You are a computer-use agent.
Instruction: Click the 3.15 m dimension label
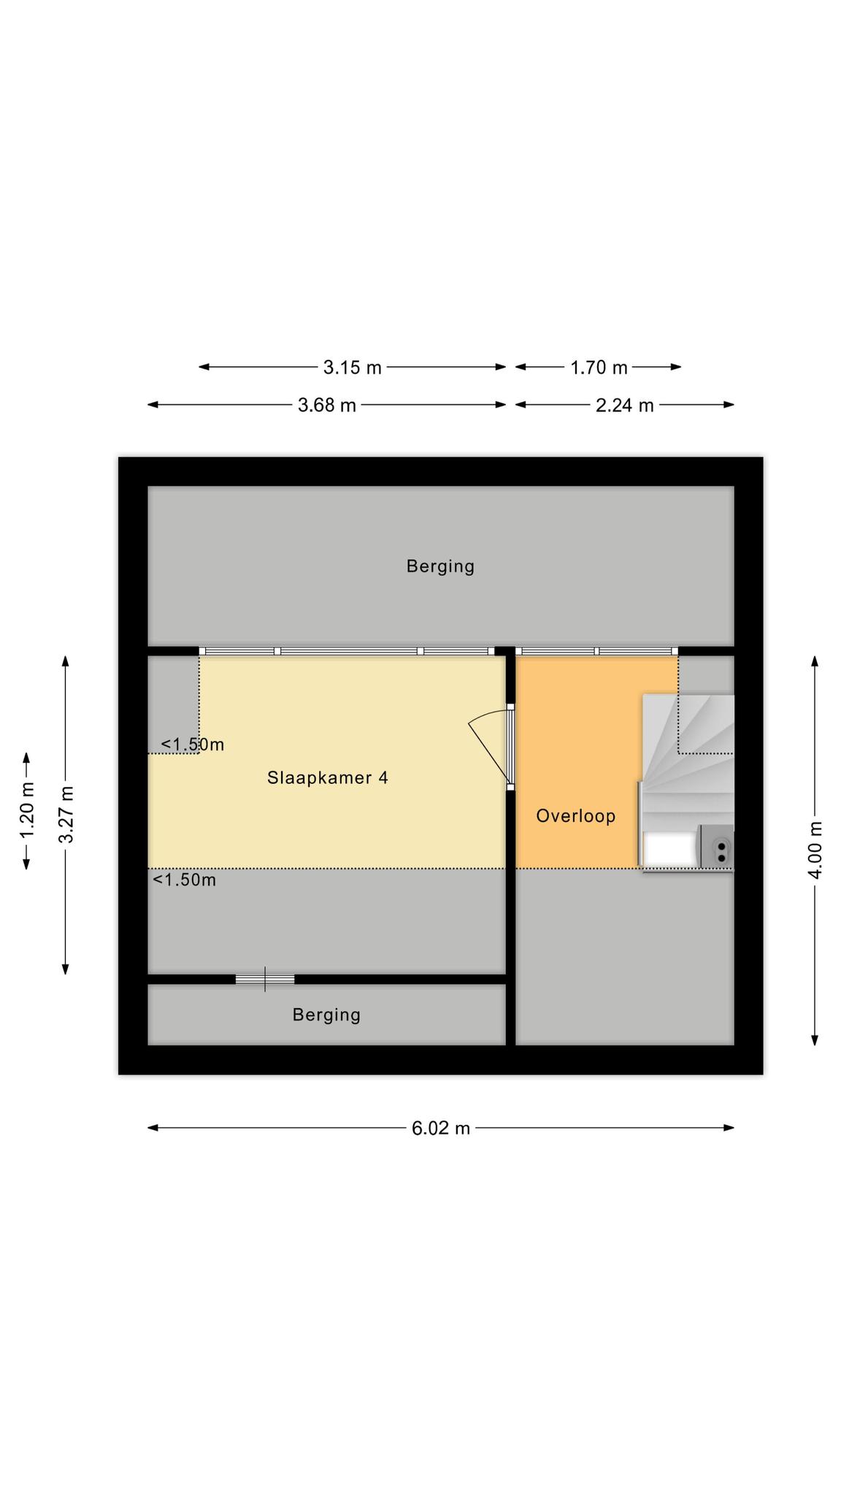353,367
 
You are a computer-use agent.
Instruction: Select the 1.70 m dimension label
599,367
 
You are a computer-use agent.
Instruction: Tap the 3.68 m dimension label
327,405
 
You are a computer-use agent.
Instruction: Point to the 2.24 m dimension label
625,405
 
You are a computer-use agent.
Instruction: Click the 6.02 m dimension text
441,1129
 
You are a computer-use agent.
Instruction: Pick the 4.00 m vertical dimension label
815,850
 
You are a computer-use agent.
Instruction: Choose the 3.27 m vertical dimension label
66,814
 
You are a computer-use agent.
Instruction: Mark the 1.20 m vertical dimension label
27,811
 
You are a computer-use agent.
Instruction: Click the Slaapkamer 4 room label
328,778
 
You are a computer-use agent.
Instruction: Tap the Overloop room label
576,816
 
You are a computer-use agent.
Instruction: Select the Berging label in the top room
441,566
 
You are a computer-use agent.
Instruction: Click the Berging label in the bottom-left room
327,1015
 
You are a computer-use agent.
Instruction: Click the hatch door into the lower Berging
265,980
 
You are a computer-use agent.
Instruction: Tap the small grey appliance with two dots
716,847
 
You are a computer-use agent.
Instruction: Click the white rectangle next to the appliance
669,850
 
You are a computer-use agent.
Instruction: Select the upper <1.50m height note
193,745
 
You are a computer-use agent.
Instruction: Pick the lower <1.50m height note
185,880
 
